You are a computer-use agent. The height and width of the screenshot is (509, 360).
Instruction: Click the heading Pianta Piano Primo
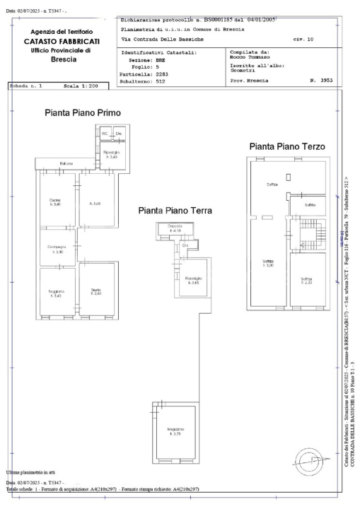tap(82, 112)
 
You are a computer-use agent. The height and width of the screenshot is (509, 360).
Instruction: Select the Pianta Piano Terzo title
tap(286, 146)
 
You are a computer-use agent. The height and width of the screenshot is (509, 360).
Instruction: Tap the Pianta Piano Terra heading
tap(180, 210)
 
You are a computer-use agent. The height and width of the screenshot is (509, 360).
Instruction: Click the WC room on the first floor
tap(104, 133)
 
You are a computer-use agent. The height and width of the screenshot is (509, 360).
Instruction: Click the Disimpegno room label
tap(56, 249)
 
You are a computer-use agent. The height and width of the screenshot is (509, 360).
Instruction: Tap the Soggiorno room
tap(56, 293)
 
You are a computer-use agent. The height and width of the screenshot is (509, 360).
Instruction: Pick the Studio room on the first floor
tap(95, 291)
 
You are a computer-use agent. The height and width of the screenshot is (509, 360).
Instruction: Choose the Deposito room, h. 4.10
tap(175, 229)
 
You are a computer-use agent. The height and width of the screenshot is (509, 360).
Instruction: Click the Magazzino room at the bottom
tap(176, 431)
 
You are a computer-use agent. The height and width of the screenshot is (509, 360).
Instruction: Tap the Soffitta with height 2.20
tap(306, 281)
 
